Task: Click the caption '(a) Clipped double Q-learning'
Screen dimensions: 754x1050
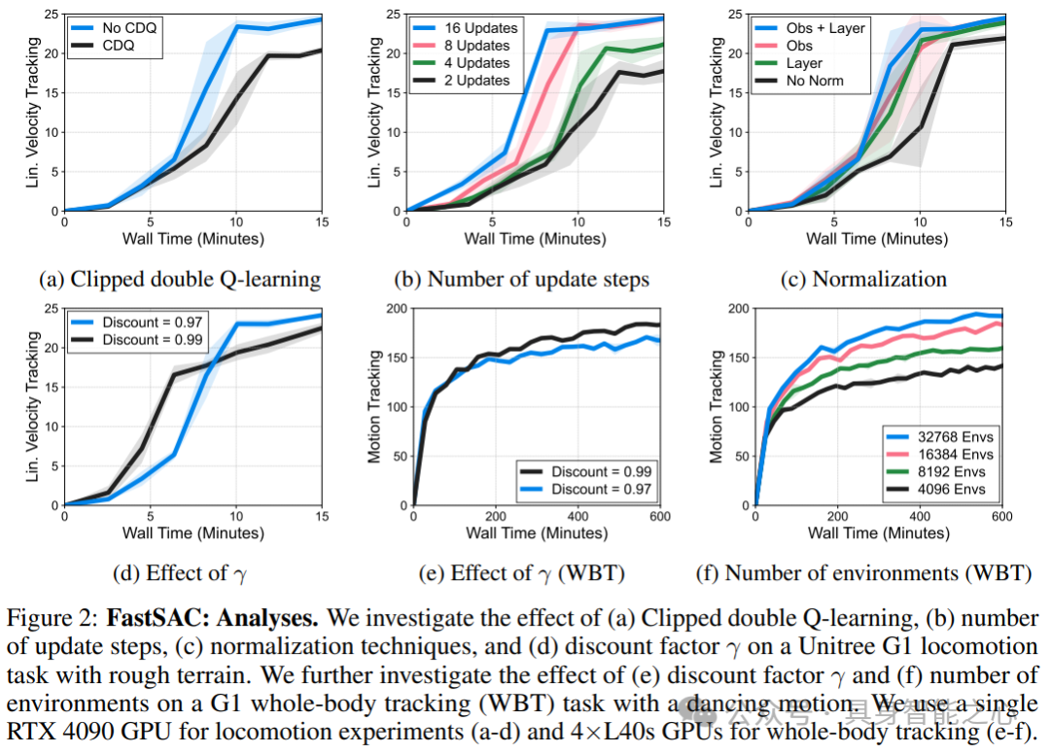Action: pos(180,280)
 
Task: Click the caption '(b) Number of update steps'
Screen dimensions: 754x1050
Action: pos(521,280)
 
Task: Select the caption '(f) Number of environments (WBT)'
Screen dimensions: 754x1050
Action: pos(864,573)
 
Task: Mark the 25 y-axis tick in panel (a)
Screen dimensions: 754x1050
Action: pos(50,16)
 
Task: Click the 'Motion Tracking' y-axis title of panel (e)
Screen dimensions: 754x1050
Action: pos(376,406)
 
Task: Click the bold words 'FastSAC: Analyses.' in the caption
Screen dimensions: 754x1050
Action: pos(216,619)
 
